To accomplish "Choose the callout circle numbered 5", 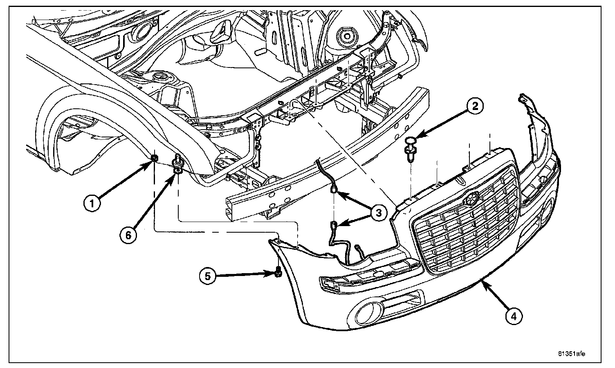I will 208,276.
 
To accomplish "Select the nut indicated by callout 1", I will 155,158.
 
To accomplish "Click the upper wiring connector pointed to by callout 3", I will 334,189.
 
